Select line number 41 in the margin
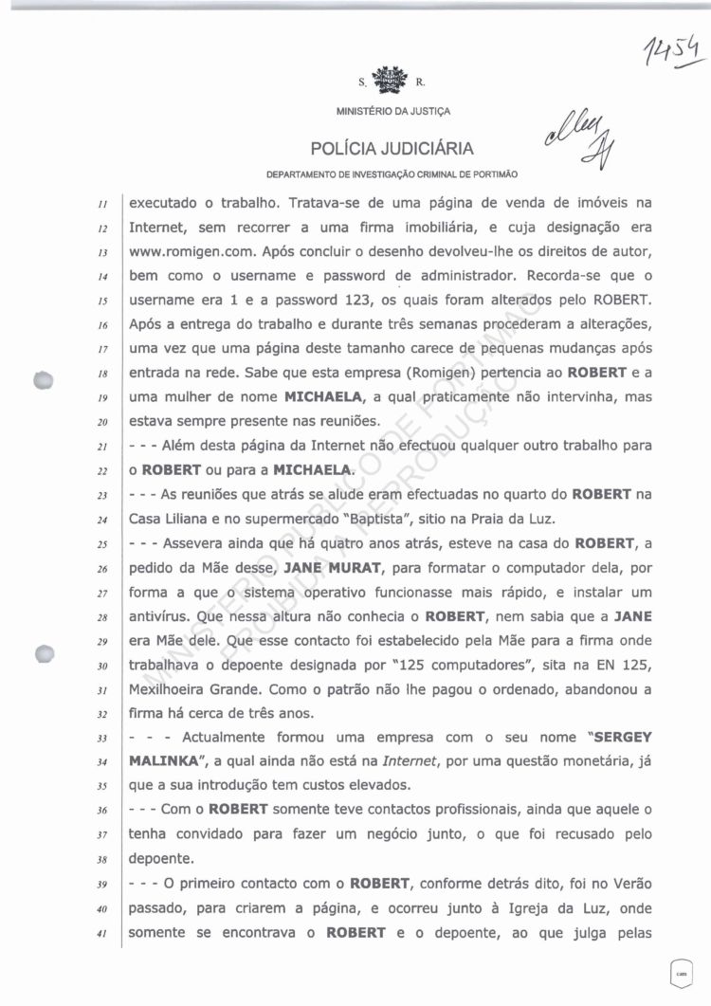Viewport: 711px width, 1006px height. point(111,934)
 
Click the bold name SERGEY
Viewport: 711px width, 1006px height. point(620,736)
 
